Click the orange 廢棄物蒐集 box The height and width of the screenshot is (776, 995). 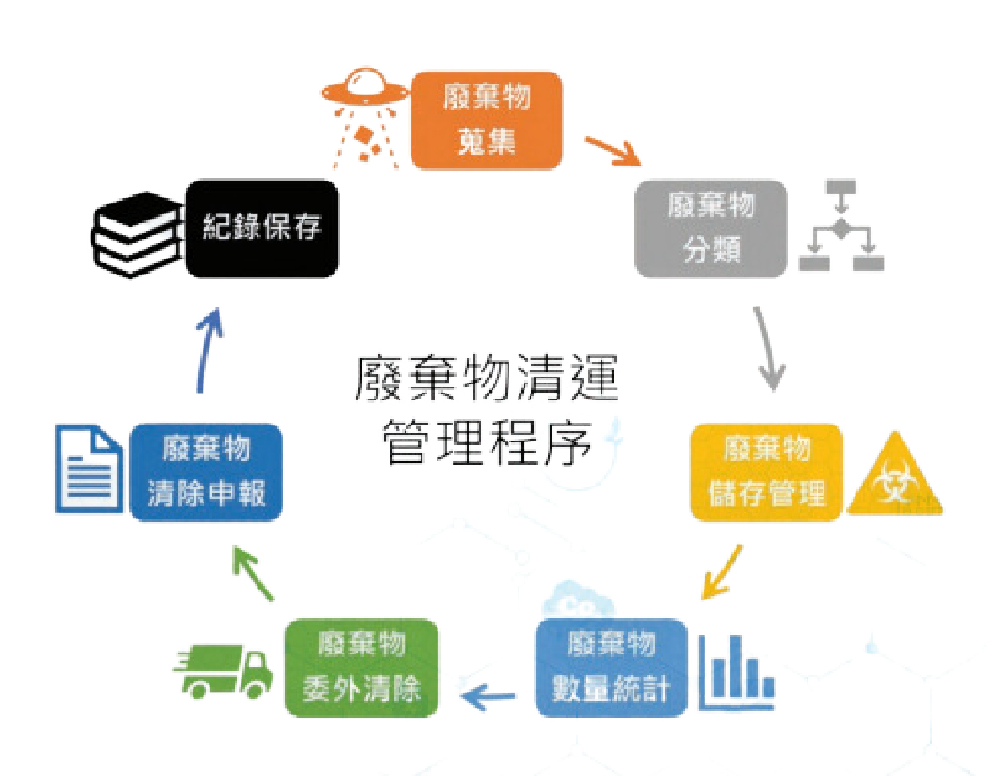click(x=486, y=121)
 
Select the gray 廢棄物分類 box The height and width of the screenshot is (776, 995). click(x=710, y=229)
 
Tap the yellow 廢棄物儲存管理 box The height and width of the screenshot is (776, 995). click(x=767, y=473)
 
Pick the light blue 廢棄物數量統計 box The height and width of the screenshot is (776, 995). click(x=611, y=668)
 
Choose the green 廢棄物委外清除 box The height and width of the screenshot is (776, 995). click(x=362, y=668)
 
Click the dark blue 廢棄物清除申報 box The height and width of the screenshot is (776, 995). click(x=205, y=473)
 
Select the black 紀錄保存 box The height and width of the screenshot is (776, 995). click(x=262, y=229)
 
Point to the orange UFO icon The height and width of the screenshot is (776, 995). click(x=364, y=117)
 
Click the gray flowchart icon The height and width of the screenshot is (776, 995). click(x=841, y=225)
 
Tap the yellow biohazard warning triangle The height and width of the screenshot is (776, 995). click(x=895, y=476)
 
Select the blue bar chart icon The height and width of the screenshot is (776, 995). click(x=737, y=673)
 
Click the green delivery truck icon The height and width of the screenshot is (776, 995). click(x=223, y=673)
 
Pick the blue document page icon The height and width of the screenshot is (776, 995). click(x=89, y=469)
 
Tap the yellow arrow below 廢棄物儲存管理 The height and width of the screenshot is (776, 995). click(x=722, y=571)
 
